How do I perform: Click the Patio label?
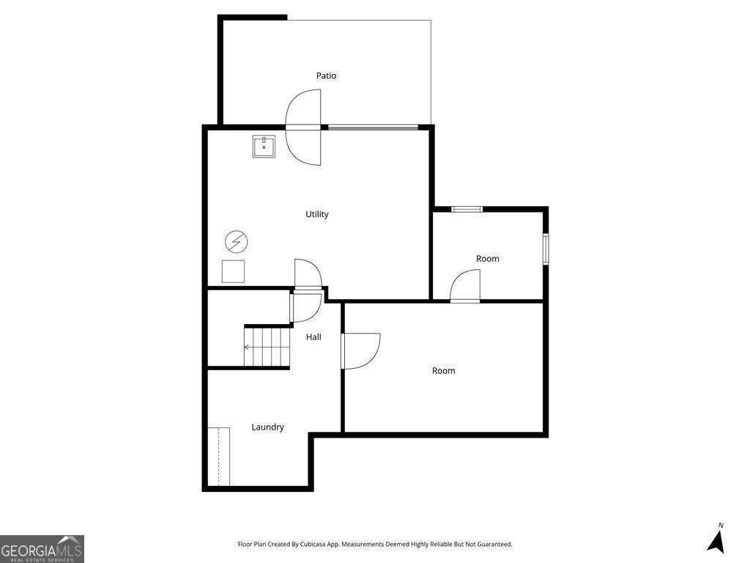click(326, 76)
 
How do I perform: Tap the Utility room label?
click(317, 214)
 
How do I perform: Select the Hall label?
click(313, 337)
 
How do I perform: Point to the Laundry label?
click(267, 427)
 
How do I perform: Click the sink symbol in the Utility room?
click(264, 147)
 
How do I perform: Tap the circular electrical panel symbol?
click(237, 240)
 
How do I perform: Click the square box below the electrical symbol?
click(234, 271)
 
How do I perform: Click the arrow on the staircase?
click(248, 347)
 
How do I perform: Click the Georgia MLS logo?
click(42, 548)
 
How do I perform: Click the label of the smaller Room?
click(488, 259)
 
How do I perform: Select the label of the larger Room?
click(443, 371)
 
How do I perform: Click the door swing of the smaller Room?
click(466, 286)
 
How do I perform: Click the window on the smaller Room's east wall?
click(545, 249)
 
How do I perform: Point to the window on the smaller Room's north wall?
click(467, 209)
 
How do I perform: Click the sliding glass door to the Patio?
click(373, 128)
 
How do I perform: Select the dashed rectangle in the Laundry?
click(219, 456)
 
